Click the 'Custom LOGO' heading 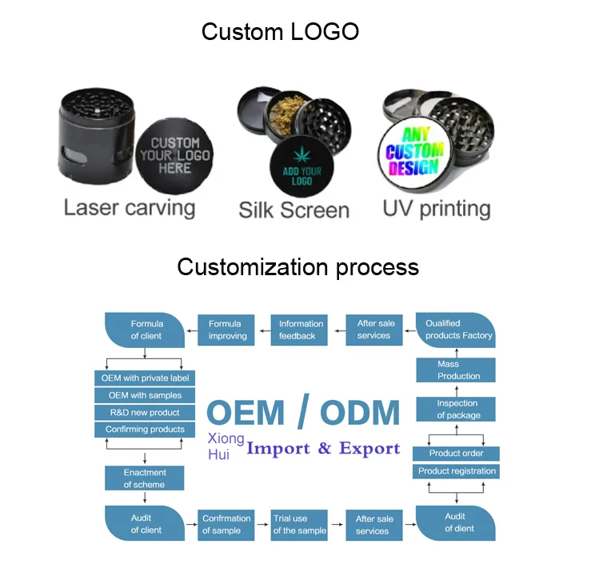click(x=280, y=32)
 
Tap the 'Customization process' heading click(x=298, y=266)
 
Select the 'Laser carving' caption click(x=130, y=208)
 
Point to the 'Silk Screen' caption click(x=294, y=210)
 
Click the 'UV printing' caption click(x=436, y=209)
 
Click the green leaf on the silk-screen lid click(x=301, y=154)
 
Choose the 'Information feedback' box click(x=301, y=330)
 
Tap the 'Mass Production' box click(x=457, y=370)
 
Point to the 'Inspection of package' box click(x=457, y=409)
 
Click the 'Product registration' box click(x=457, y=471)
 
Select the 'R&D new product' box click(x=145, y=412)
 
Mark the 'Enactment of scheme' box click(x=144, y=478)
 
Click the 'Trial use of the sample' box click(x=300, y=524)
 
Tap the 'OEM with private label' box click(x=145, y=378)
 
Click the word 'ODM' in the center click(x=360, y=413)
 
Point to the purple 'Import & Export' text click(x=323, y=448)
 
